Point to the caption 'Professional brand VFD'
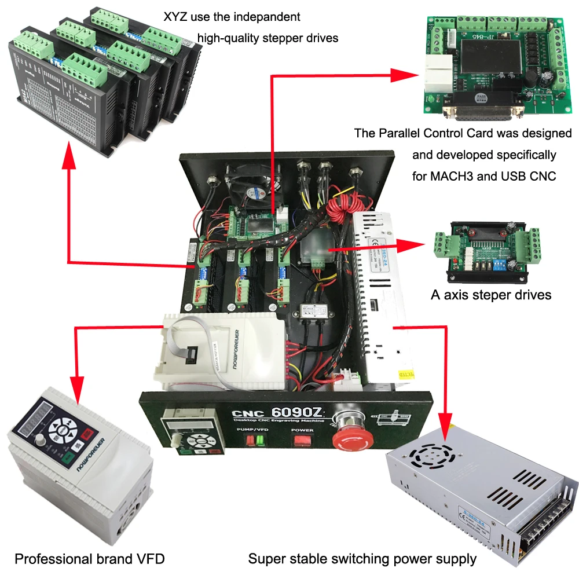click(90, 559)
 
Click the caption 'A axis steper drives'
click(491, 295)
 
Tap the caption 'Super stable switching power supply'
click(362, 559)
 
